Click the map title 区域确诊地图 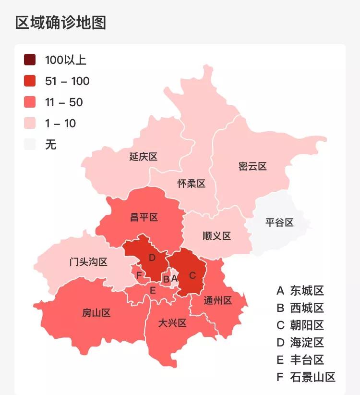click(x=60, y=23)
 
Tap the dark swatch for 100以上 click(x=30, y=60)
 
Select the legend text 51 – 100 click(x=67, y=81)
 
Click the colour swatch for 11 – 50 click(x=30, y=102)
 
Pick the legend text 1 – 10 click(x=60, y=123)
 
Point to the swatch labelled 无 click(x=30, y=144)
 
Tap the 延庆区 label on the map click(x=143, y=157)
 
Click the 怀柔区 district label click(x=191, y=184)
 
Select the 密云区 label click(x=252, y=167)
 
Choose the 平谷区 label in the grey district click(x=279, y=222)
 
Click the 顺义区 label click(x=216, y=236)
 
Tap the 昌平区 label click(x=144, y=218)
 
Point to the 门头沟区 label click(x=88, y=262)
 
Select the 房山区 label click(x=96, y=313)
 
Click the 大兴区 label click(x=172, y=323)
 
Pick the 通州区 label click(x=217, y=301)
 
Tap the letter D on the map click(x=152, y=258)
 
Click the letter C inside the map click(x=192, y=275)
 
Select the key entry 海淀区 click(x=307, y=343)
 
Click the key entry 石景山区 click(x=312, y=377)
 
